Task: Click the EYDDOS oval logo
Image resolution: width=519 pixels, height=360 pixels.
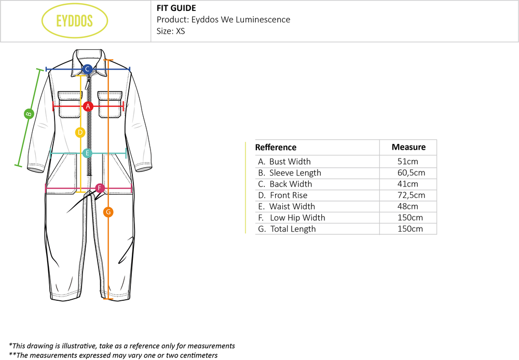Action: (x=75, y=21)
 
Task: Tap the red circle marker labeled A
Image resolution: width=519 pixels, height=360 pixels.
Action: (x=88, y=106)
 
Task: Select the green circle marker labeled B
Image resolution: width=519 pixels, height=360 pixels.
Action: (x=29, y=114)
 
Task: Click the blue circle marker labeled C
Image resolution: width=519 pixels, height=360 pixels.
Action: (x=88, y=69)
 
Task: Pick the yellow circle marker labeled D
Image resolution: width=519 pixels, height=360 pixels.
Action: (x=80, y=132)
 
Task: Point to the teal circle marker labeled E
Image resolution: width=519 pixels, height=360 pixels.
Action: (x=88, y=153)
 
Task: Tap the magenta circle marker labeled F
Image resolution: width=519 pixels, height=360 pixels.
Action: (x=100, y=188)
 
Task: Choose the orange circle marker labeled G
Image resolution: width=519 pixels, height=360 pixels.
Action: (x=108, y=212)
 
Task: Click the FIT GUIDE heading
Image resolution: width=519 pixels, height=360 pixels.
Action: (x=176, y=8)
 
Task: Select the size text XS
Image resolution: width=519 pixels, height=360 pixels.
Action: (x=180, y=31)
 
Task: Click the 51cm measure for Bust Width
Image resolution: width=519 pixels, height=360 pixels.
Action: (x=407, y=162)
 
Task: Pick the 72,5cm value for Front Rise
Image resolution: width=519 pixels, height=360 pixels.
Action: (x=407, y=195)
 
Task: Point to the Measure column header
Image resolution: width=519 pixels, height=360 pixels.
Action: (x=408, y=147)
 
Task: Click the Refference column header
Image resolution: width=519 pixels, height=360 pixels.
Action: (x=276, y=148)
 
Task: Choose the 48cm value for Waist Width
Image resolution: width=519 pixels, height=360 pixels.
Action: (x=407, y=207)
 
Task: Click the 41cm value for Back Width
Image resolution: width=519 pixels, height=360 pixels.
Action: (x=407, y=184)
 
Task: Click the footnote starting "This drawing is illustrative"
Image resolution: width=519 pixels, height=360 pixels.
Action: (x=122, y=346)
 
